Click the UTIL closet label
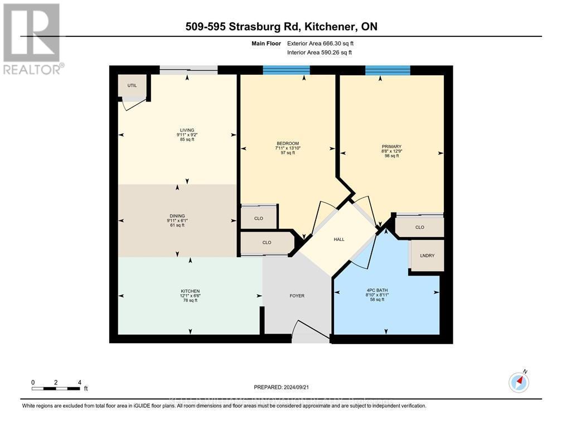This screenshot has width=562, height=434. [x=132, y=85]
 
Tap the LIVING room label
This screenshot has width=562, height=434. [x=175, y=130]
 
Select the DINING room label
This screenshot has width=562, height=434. [x=178, y=216]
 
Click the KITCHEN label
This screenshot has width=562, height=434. [x=190, y=291]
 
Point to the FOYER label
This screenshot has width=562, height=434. [x=297, y=296]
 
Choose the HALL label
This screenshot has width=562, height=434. [x=339, y=239]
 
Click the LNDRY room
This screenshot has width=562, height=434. [x=427, y=255]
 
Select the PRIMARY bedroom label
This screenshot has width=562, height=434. [x=392, y=147]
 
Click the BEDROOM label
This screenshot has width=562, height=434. [x=287, y=143]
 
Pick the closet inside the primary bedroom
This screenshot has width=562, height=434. [x=420, y=227]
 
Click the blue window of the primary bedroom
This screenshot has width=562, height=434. [x=387, y=70]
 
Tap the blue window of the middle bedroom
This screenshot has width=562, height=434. [x=286, y=70]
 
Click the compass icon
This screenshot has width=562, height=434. [x=519, y=382]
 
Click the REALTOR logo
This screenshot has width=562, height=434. [x=32, y=39]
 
